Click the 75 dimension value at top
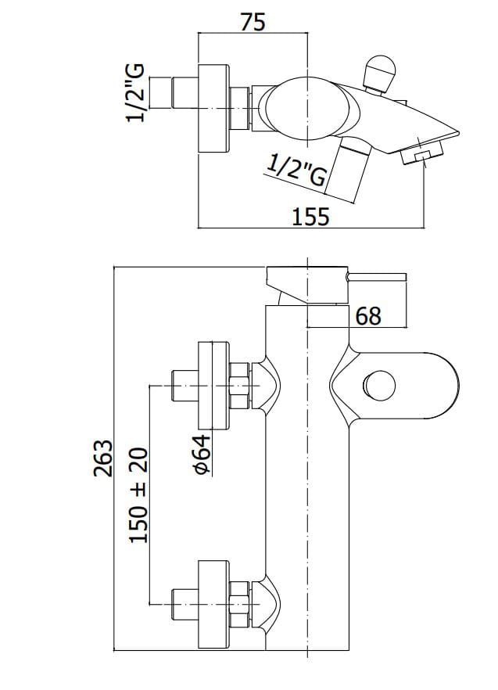(x=253, y=22)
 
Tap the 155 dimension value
(x=310, y=217)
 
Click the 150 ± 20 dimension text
(x=138, y=495)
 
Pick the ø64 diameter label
(x=202, y=455)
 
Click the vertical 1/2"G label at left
(x=135, y=93)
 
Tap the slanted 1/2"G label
(x=297, y=171)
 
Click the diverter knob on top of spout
(x=380, y=73)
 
